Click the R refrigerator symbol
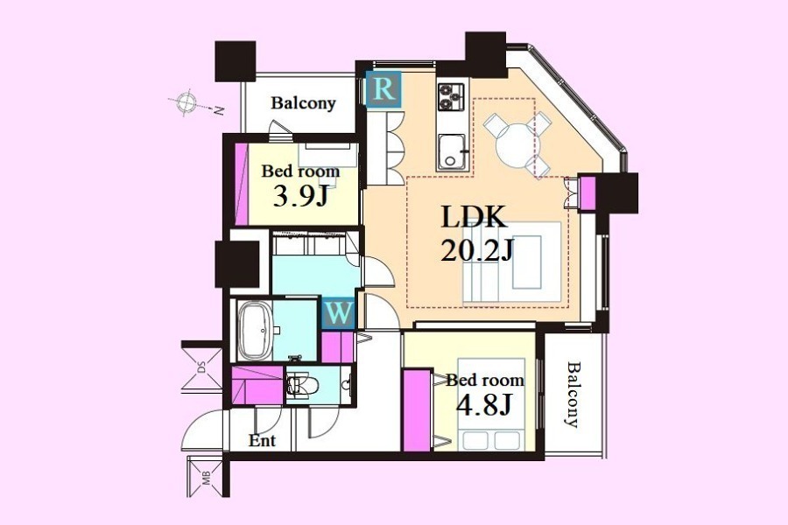(x=384, y=89)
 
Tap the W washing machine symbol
(x=339, y=314)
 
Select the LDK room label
(x=473, y=217)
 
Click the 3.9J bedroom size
(x=300, y=196)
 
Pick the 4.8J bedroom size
(x=483, y=404)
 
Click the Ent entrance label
(x=263, y=441)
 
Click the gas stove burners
(x=451, y=97)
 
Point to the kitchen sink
(x=452, y=152)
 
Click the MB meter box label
(x=206, y=479)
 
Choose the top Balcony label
(x=303, y=103)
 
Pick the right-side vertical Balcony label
(x=573, y=394)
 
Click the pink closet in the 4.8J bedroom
(x=418, y=410)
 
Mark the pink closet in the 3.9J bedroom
(x=242, y=185)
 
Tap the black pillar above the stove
(x=485, y=53)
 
